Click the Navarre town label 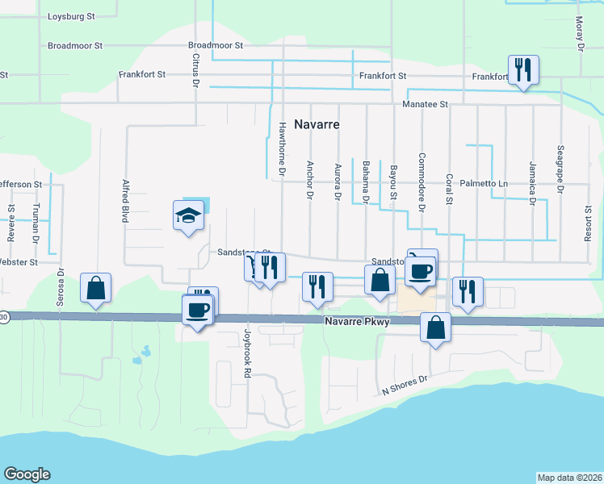[316, 125]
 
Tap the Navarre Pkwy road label [358, 321]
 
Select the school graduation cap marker [188, 215]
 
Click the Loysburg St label [72, 16]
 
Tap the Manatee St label [426, 104]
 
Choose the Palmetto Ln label [484, 184]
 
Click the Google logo [27, 474]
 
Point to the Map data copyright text [569, 477]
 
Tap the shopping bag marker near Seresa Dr [95, 288]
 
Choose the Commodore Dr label [421, 181]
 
